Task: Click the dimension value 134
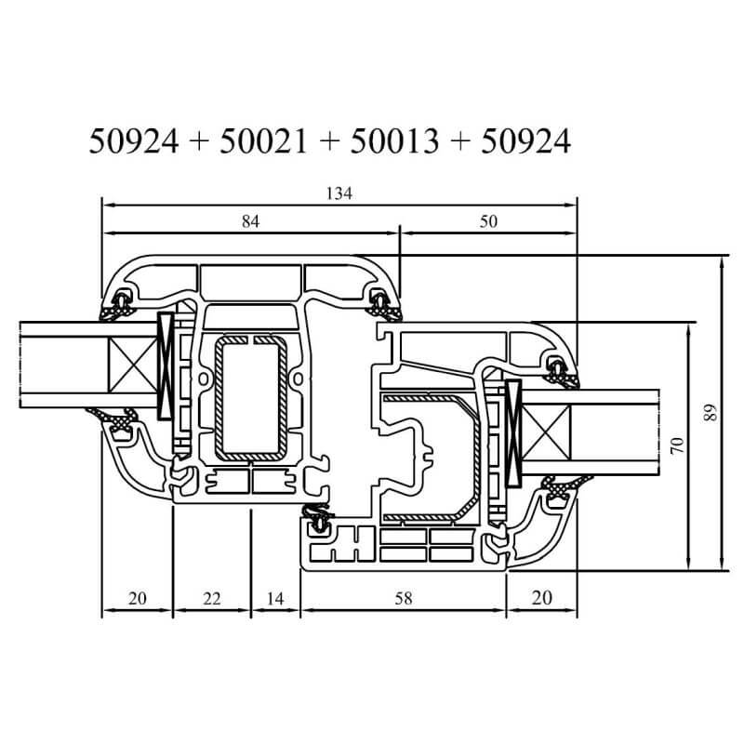click(x=339, y=193)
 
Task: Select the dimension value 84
click(x=250, y=221)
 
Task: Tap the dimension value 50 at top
click(x=488, y=221)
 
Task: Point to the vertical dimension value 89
click(x=710, y=413)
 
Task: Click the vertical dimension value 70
click(x=678, y=445)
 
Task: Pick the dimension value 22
click(x=212, y=598)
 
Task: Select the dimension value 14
click(x=275, y=598)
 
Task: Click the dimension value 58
click(x=404, y=598)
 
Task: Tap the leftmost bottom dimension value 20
click(x=137, y=598)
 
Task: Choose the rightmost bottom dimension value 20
click(x=542, y=598)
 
